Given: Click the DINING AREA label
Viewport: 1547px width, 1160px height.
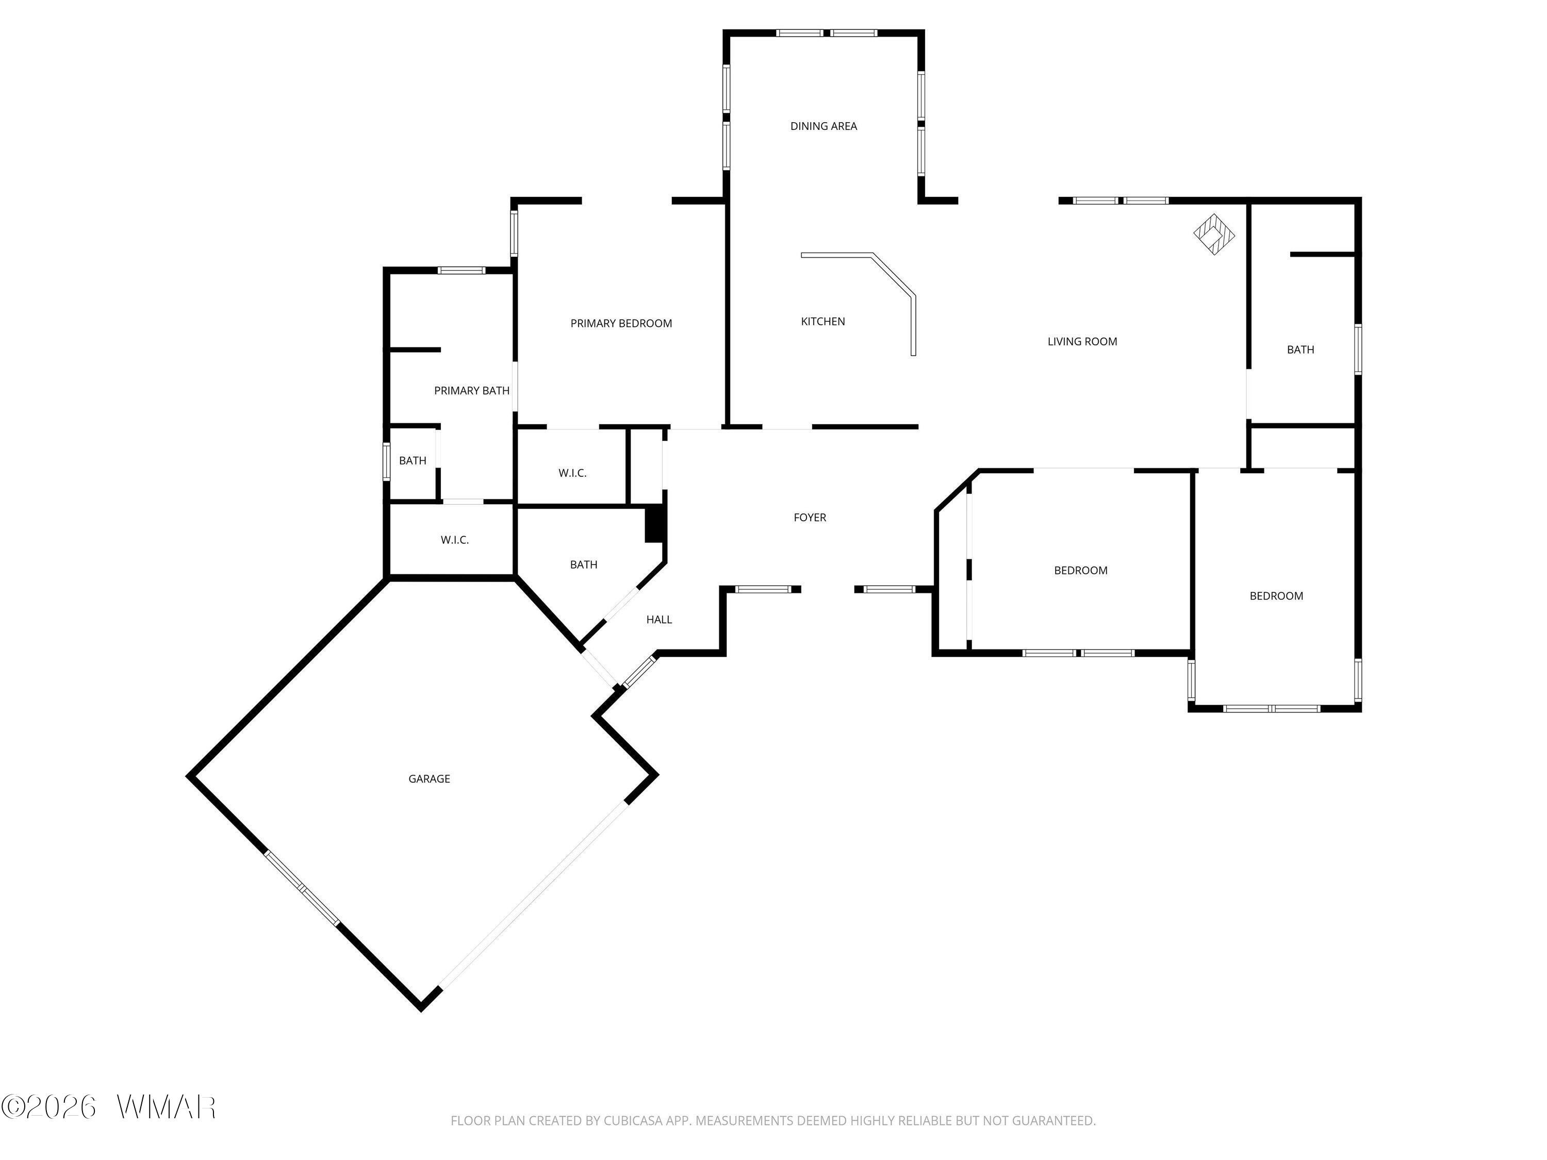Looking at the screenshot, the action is [823, 126].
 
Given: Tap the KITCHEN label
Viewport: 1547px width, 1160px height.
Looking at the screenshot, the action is [822, 322].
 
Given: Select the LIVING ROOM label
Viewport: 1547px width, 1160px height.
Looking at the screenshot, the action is [1082, 342].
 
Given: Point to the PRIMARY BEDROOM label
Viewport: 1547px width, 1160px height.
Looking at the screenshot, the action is [621, 324].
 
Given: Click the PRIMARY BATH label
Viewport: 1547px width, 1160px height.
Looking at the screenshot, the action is [471, 391].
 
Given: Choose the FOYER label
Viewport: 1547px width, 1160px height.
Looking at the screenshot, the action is [810, 518].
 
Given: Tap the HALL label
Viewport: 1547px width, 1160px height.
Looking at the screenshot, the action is [659, 620].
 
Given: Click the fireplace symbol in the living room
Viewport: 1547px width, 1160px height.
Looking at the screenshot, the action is [1213, 234].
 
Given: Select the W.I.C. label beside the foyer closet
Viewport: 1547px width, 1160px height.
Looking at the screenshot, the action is [572, 473].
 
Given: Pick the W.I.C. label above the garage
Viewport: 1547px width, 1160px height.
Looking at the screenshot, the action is [455, 540].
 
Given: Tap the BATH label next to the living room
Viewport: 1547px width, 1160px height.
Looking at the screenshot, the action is [1300, 350].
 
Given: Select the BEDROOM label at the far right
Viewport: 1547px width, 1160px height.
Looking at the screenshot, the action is [1276, 596].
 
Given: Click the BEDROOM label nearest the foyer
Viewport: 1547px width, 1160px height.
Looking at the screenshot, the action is [1080, 571].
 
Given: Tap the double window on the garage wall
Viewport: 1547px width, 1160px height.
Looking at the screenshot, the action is [302, 888].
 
